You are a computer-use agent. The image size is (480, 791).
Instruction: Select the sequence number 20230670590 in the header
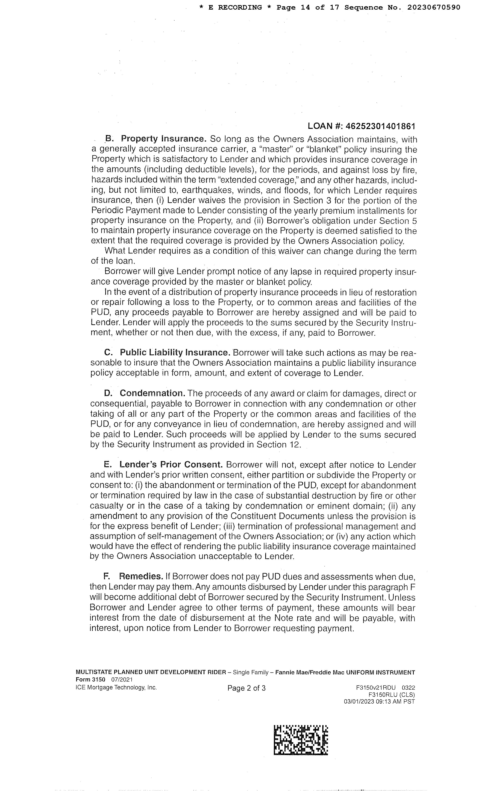point(434,7)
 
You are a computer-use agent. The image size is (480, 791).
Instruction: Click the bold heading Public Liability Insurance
point(175,353)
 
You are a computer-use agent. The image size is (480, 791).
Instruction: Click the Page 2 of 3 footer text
point(246,688)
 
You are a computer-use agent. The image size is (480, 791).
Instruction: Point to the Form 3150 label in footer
point(91,679)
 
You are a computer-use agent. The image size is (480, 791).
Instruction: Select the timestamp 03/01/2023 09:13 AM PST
point(379,701)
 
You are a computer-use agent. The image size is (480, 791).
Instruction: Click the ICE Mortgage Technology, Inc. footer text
point(116,687)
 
